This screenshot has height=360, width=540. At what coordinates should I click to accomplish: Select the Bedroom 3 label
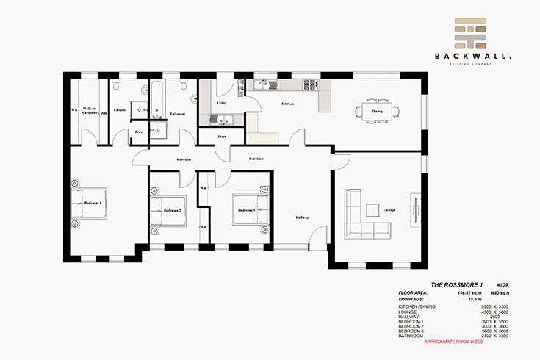pyautogui.click(x=246, y=210)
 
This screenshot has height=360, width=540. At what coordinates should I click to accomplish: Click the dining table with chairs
pyautogui.click(x=376, y=112)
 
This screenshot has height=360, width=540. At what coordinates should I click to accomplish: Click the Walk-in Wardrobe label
pyautogui.click(x=90, y=111)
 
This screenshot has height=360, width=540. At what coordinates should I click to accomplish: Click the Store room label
pyautogui.click(x=221, y=137)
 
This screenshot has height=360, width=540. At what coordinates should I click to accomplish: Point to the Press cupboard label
pyautogui.click(x=139, y=132)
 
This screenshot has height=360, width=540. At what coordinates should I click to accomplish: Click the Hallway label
pyautogui.click(x=302, y=217)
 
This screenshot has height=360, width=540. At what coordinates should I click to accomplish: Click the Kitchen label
pyautogui.click(x=288, y=104)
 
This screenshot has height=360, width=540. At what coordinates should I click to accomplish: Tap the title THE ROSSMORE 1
pyautogui.click(x=456, y=284)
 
